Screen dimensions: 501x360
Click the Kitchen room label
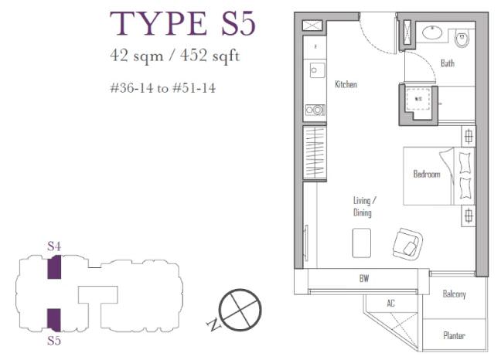[346, 84]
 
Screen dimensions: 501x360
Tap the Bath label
[448, 63]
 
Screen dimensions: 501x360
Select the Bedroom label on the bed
[427, 174]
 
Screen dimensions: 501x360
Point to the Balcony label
[454, 294]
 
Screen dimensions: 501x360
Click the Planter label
[454, 335]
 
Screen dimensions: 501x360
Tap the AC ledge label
[390, 303]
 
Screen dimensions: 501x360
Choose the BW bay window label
[364, 278]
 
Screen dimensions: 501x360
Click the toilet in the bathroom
[462, 38]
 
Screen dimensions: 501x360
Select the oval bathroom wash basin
[432, 32]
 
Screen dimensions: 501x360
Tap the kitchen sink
[317, 70]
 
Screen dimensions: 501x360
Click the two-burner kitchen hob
[315, 110]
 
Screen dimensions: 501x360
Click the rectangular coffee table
[362, 243]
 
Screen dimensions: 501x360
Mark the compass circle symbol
[240, 310]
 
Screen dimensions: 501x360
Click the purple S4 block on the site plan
[54, 267]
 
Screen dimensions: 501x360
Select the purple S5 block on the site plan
[54, 320]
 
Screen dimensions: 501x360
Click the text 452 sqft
[210, 56]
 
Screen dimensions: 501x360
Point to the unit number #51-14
[194, 88]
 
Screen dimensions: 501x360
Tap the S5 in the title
[238, 24]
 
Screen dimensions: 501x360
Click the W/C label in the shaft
[418, 99]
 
